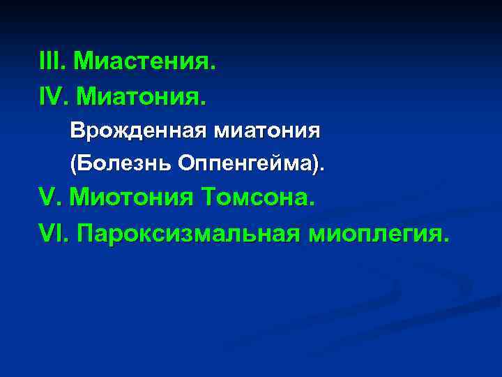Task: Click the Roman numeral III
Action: pyautogui.click(x=51, y=63)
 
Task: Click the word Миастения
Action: pyautogui.click(x=143, y=63)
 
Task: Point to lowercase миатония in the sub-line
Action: pyautogui.click(x=261, y=131)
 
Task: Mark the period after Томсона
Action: pyautogui.click(x=311, y=205)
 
